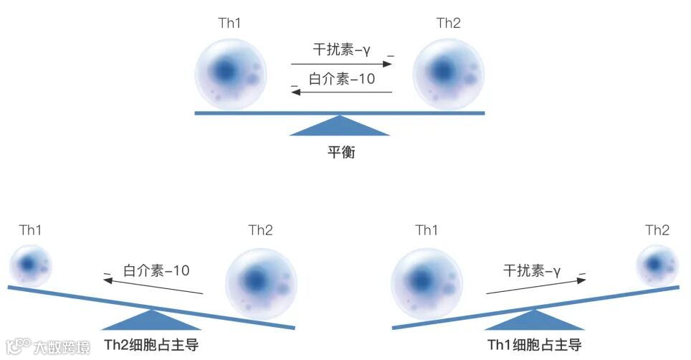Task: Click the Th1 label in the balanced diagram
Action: coord(229,24)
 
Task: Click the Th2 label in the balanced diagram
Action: coord(448,24)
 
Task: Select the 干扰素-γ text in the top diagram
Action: coord(341,50)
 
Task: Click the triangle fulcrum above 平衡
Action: coord(340,126)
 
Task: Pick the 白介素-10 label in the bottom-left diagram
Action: coord(156,270)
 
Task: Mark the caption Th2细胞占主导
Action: coord(151,345)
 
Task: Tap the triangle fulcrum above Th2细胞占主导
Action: coord(151,320)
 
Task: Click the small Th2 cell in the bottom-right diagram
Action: coord(657,265)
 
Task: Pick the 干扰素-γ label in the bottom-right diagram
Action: coord(531,270)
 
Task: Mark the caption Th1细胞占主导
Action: coord(534,345)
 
